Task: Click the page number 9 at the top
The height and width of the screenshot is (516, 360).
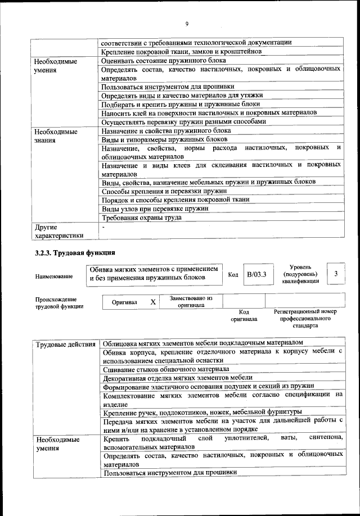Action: coord(186,23)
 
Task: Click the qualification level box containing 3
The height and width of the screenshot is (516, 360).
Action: coord(336,274)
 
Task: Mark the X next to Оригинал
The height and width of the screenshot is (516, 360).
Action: coord(153,302)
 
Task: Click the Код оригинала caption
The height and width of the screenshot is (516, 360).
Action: coord(244,315)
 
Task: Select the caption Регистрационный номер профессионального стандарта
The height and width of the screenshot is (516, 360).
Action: coord(305,318)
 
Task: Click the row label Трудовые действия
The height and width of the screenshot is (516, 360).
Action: coord(65,343)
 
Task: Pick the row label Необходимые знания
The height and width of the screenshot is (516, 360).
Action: coord(56,135)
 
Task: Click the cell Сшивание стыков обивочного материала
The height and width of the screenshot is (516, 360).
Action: coord(166,369)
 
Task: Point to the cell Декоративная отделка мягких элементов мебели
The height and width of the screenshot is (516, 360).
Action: coord(178,378)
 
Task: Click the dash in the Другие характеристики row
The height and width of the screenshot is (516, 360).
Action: coord(104,227)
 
